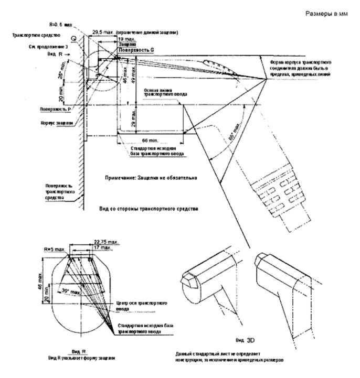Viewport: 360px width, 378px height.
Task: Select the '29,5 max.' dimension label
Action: pyautogui.click(x=101, y=32)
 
